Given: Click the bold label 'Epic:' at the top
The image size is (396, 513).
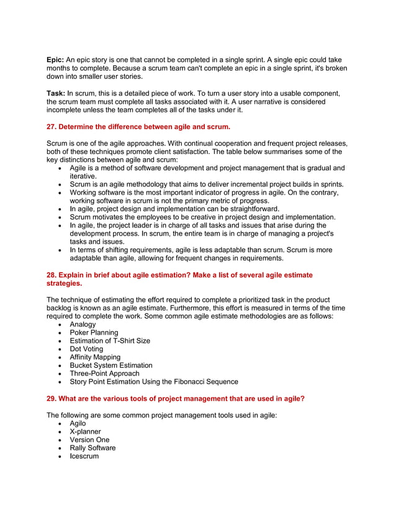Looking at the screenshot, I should (x=57, y=60).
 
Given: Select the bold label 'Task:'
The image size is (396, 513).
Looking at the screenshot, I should (x=58, y=94).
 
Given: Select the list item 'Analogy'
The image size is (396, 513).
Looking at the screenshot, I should (x=83, y=324).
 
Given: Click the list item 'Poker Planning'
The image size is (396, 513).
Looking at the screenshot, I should (x=94, y=333).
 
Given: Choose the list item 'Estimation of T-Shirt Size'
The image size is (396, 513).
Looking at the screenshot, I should (x=110, y=341).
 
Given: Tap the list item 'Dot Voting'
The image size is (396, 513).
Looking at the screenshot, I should (x=86, y=349).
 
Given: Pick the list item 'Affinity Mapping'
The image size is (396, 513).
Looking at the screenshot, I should (x=95, y=357).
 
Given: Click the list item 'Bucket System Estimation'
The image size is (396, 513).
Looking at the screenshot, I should (x=110, y=366).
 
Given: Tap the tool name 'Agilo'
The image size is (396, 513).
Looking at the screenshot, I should (x=78, y=424).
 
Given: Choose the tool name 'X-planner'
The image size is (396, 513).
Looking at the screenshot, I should (x=85, y=432).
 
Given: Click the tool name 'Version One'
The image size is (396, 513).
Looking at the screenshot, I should (x=89, y=440).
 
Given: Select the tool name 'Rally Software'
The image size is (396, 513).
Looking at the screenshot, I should (x=92, y=448).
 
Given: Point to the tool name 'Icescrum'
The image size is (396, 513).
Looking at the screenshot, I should (x=84, y=456).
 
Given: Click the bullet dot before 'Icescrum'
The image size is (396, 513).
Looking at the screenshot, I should (x=59, y=456).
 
